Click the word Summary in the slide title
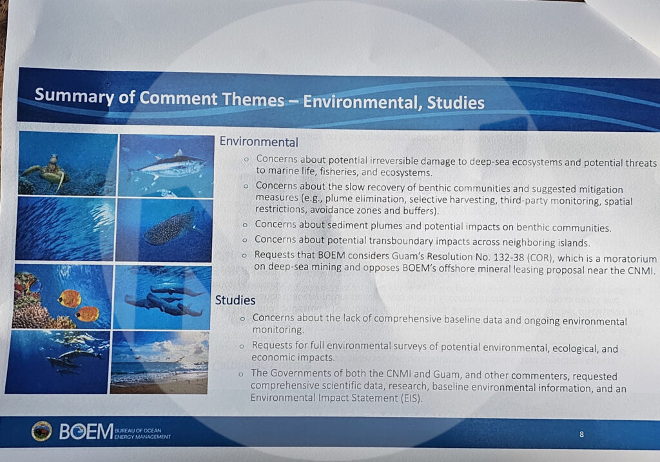(74, 96)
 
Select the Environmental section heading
(259, 142)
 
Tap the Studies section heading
(235, 300)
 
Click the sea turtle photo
(67, 164)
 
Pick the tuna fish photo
(166, 166)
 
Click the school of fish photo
(65, 228)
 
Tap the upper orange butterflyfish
(70, 299)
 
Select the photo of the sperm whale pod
(162, 298)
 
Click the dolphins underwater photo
(58, 362)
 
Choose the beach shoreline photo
(160, 362)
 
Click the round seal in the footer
(42, 431)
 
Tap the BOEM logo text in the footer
(86, 432)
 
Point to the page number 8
(582, 434)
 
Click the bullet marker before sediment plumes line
(245, 225)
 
